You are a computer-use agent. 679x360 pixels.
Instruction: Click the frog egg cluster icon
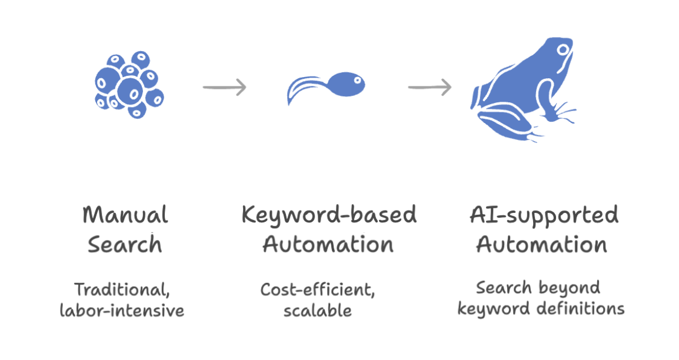click(129, 85)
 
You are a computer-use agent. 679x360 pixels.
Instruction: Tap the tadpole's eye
click(358, 81)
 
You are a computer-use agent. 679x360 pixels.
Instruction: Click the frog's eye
click(563, 50)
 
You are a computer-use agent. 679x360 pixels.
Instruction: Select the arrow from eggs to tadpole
click(224, 87)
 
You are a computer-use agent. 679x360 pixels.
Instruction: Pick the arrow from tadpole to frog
click(430, 87)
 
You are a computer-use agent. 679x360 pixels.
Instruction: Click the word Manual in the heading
click(125, 215)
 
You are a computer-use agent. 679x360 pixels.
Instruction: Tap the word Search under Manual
click(125, 245)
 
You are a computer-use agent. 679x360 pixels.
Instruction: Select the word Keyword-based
click(329, 215)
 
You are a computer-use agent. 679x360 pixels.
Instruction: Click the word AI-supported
click(544, 215)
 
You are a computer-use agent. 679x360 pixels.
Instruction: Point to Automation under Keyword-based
click(328, 245)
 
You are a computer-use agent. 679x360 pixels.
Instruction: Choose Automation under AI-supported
click(542, 245)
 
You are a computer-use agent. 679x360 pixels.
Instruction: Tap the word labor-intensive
click(122, 311)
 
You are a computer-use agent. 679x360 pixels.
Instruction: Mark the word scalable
click(317, 311)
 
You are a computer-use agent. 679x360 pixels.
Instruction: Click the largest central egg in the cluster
click(131, 91)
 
